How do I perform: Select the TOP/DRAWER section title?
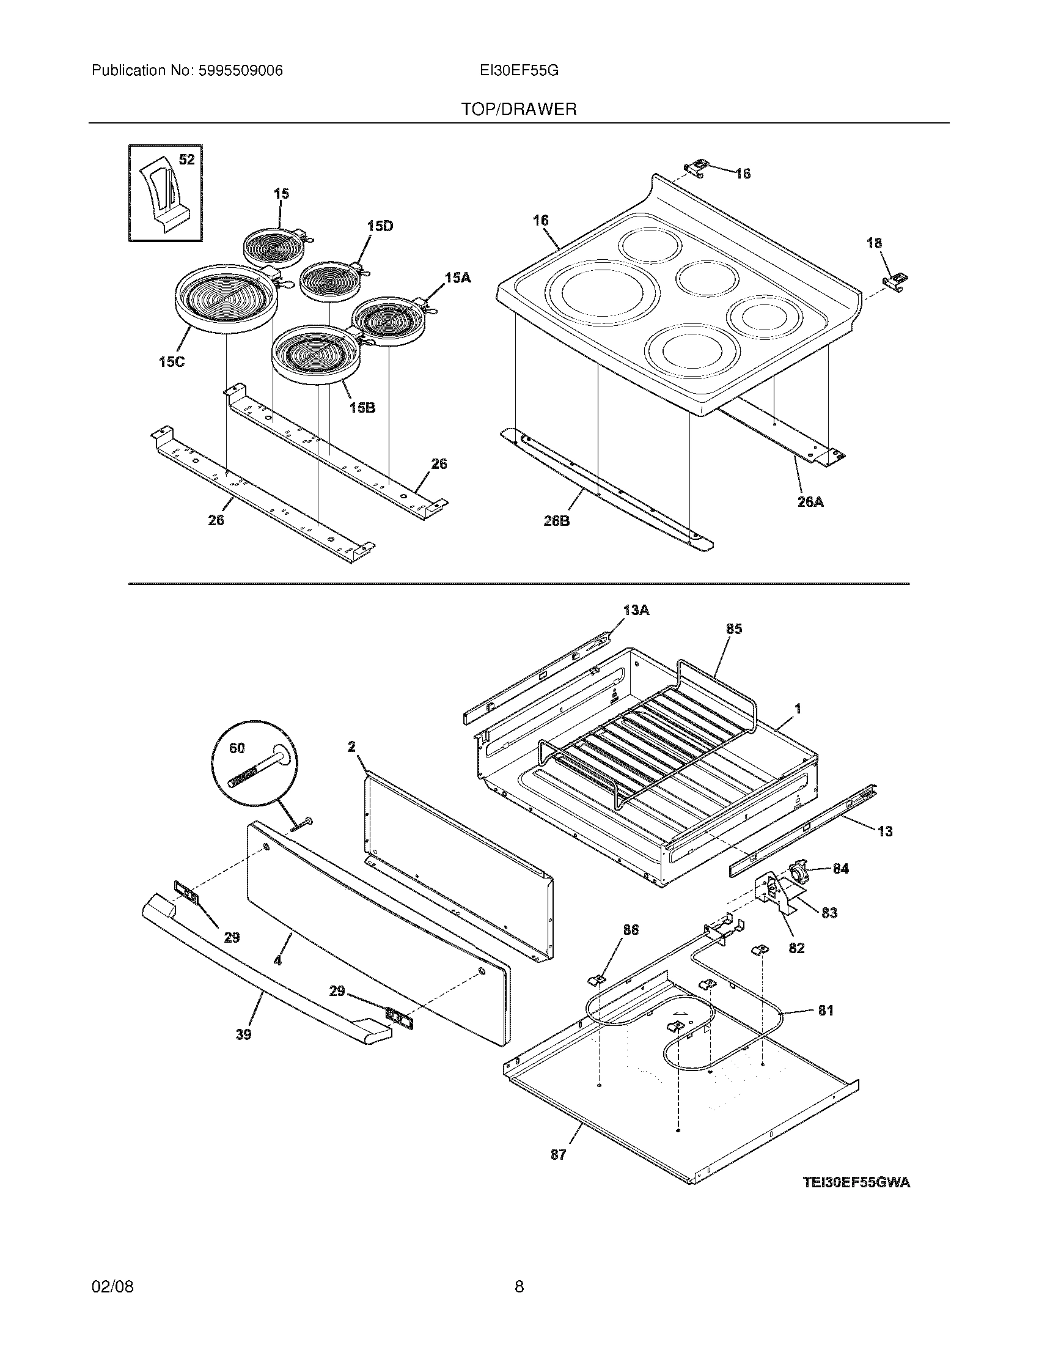tap(519, 109)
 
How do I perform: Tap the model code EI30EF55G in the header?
tap(519, 71)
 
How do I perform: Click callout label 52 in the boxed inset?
tap(186, 160)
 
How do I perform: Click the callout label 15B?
tap(362, 407)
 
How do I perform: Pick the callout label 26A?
tap(810, 502)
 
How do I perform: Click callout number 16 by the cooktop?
tap(540, 220)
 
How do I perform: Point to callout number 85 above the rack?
tap(733, 628)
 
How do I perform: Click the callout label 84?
tap(840, 868)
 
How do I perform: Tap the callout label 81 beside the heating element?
tap(826, 1010)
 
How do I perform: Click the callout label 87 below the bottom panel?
tap(557, 1155)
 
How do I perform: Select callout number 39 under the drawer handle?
tap(243, 1034)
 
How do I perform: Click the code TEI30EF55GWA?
tap(856, 1182)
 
